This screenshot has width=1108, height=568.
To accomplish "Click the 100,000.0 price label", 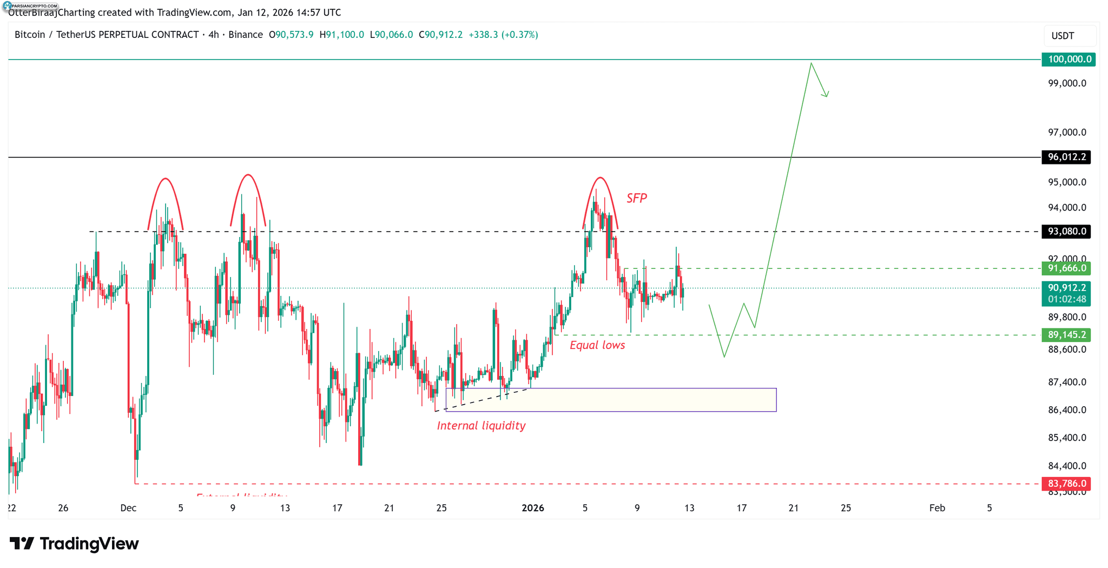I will pyautogui.click(x=1068, y=60).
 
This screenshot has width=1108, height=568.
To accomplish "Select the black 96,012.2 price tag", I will pyautogui.click(x=1066, y=157).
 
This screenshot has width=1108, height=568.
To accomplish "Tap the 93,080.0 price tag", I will pyautogui.click(x=1066, y=232).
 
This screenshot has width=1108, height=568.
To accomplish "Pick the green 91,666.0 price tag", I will pyautogui.click(x=1066, y=268).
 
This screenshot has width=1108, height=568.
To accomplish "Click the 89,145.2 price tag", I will pyautogui.click(x=1066, y=335).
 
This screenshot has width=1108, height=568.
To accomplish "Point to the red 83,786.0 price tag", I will pyautogui.click(x=1066, y=484).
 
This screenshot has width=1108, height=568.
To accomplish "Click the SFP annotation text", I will pyautogui.click(x=636, y=199).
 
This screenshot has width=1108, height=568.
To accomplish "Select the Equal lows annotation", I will pyautogui.click(x=597, y=345).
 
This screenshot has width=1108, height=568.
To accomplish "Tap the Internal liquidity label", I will pyautogui.click(x=481, y=426).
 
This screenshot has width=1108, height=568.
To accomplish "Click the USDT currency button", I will pyautogui.click(x=1063, y=36).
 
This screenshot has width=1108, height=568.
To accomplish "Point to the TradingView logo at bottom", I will pyautogui.click(x=75, y=544).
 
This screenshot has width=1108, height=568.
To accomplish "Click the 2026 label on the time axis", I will pyautogui.click(x=532, y=508).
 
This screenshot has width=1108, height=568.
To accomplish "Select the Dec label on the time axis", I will pyautogui.click(x=128, y=508).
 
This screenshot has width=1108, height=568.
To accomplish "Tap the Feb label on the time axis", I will pyautogui.click(x=936, y=508).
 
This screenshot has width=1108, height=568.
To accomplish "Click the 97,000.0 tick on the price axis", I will pyautogui.click(x=1066, y=133).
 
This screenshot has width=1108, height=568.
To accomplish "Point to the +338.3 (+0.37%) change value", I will pyautogui.click(x=503, y=35).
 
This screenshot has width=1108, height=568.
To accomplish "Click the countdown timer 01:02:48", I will pyautogui.click(x=1066, y=299).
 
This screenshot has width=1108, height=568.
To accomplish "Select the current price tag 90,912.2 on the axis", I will pyautogui.click(x=1066, y=288).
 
